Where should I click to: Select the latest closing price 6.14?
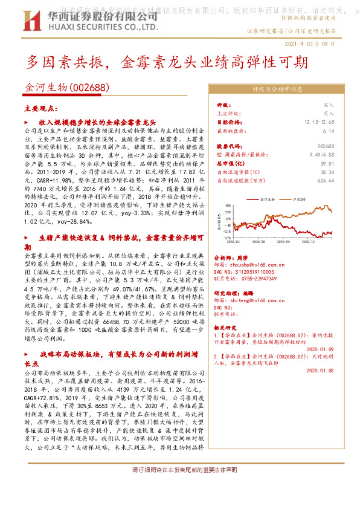[x=328, y=130]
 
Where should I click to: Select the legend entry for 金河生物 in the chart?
[x=265, y=198]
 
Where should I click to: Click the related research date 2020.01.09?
[x=320, y=348]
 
